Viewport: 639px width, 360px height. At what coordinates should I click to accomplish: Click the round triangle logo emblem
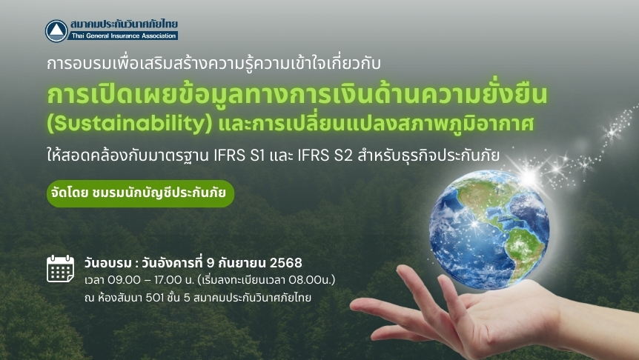coord(56,31)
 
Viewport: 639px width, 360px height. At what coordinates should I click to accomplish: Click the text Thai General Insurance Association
coord(124,36)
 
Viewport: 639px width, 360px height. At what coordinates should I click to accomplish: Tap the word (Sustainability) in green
coord(130,124)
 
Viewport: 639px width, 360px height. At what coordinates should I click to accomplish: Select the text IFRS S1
coord(239,156)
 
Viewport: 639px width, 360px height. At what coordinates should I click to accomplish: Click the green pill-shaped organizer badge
coord(140,193)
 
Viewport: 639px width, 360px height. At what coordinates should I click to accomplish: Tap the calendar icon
coord(60,269)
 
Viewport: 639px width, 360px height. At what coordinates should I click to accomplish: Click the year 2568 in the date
coord(285,263)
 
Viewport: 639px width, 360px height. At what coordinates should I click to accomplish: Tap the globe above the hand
coord(489,229)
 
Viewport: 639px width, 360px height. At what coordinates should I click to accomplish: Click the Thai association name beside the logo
coord(124,24)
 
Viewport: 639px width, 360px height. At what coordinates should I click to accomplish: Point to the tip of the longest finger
coord(353,305)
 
